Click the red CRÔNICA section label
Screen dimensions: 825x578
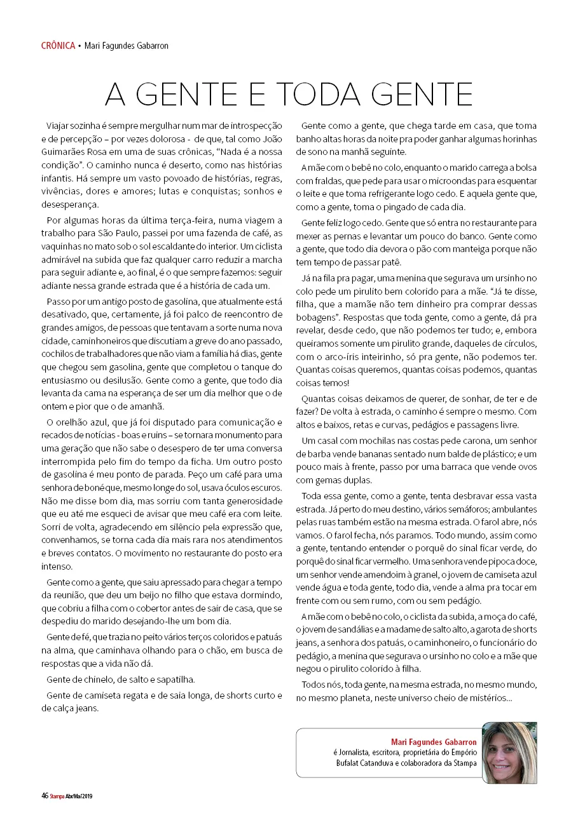[58, 46]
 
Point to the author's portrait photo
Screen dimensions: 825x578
[509, 752]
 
